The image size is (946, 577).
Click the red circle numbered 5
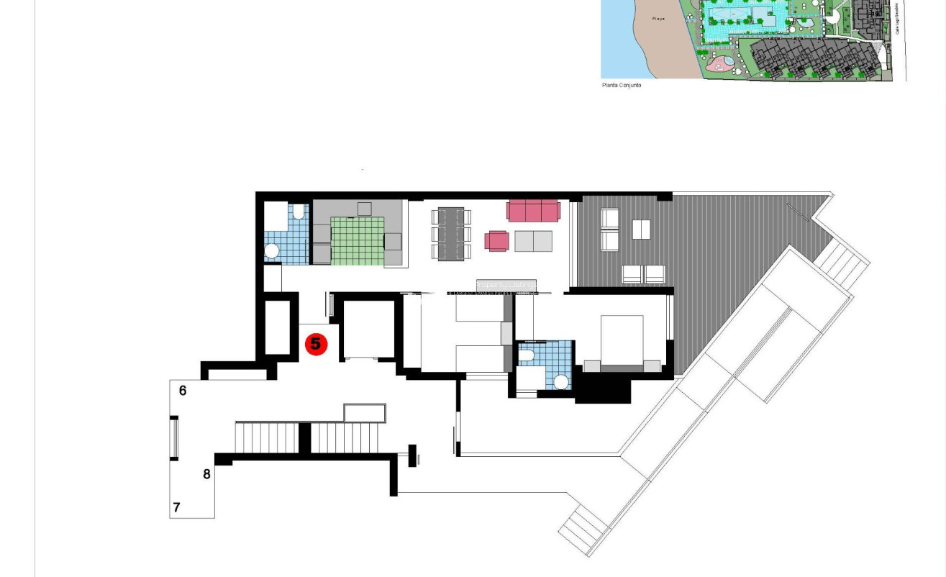[316, 345]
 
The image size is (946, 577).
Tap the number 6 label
[183, 391]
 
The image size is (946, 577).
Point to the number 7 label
[176, 507]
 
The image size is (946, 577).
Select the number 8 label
[207, 474]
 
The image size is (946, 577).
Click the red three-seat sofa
[533, 211]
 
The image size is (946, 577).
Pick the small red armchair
[496, 241]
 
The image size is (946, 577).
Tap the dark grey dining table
[451, 233]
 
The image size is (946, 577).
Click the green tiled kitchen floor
[358, 240]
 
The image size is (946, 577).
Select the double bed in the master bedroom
[622, 341]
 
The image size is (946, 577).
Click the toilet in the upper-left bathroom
[299, 212]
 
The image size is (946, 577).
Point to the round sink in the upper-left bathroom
[272, 251]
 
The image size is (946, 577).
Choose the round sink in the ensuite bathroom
[561, 382]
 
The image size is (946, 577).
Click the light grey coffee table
[533, 241]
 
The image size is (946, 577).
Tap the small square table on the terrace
[641, 230]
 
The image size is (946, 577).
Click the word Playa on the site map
[658, 19]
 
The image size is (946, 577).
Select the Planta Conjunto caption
[621, 86]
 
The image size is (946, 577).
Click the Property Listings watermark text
[506, 286]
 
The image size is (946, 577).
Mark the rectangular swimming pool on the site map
[740, 15]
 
